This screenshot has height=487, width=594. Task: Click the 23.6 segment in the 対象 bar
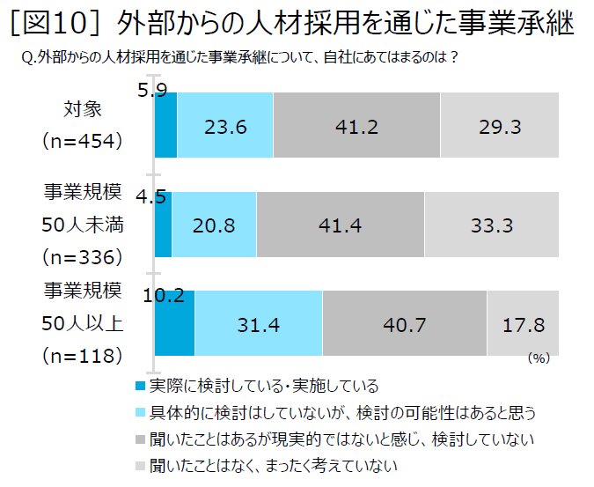(x=225, y=126)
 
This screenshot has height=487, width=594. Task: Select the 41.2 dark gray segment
(x=356, y=126)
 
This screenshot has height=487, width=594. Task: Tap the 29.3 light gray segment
(x=500, y=126)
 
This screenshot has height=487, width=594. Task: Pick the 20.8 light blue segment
(x=214, y=225)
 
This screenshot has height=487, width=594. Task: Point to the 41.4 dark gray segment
(x=341, y=225)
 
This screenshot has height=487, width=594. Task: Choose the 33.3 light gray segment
(x=492, y=225)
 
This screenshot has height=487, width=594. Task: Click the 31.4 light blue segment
(x=259, y=324)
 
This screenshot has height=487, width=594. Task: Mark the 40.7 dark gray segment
(x=405, y=324)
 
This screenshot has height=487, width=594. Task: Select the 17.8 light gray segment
(x=523, y=324)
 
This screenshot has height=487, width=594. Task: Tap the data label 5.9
(x=152, y=89)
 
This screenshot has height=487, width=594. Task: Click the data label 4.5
(x=150, y=197)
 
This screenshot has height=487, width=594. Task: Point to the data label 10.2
(x=162, y=296)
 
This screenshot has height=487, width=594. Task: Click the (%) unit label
(x=538, y=358)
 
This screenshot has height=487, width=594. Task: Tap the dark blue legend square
(x=140, y=385)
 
